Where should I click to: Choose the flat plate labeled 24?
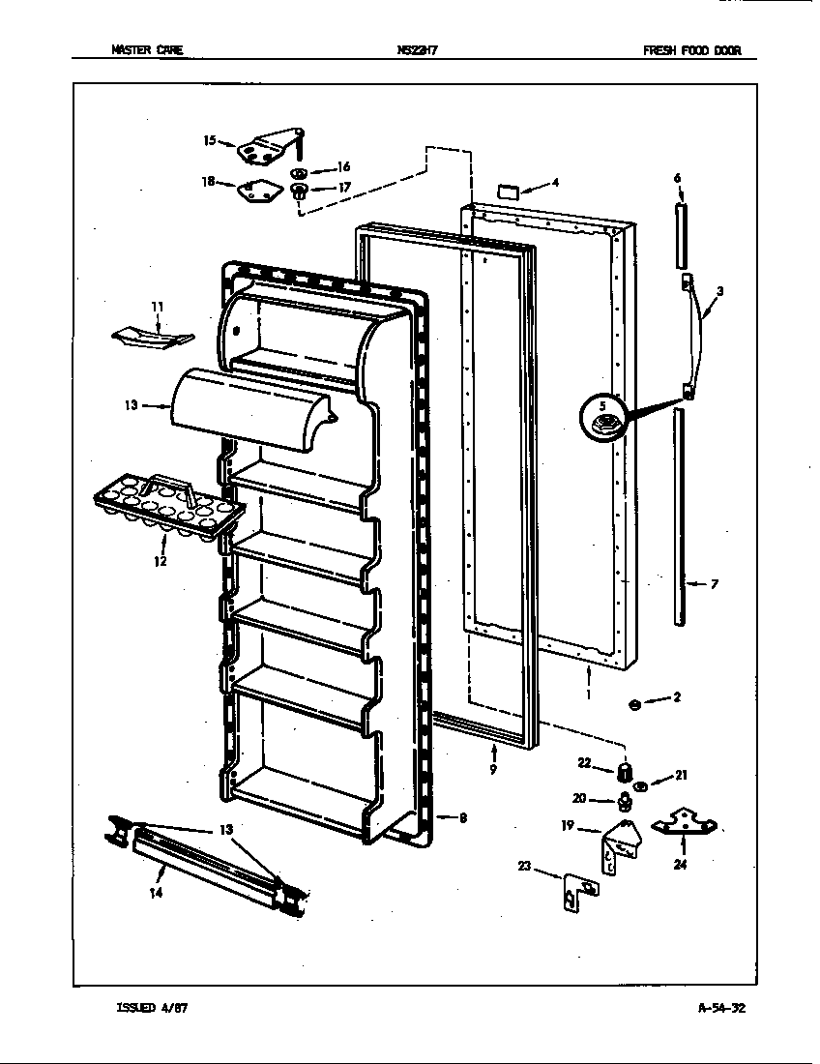pyautogui.click(x=685, y=825)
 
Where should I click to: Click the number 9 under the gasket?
pyautogui.click(x=494, y=769)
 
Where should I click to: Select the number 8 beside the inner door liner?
pyautogui.click(x=463, y=818)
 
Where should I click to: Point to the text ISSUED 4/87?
pyautogui.click(x=152, y=1007)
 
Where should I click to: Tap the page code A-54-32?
pyautogui.click(x=721, y=1007)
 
